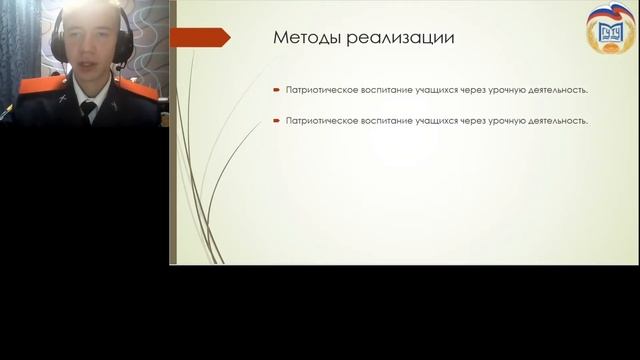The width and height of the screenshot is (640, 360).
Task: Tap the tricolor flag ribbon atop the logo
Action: [x=611, y=13]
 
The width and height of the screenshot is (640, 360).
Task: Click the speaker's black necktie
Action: [x=89, y=110]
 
